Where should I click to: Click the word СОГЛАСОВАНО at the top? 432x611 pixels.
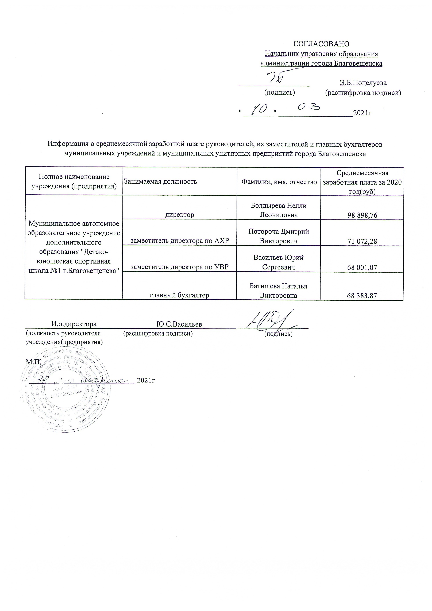click(321, 44)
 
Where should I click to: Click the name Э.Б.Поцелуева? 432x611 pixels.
click(363, 83)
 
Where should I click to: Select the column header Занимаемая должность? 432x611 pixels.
click(160, 181)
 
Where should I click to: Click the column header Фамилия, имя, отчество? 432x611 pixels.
click(279, 182)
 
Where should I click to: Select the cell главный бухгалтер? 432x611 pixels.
click(179, 295)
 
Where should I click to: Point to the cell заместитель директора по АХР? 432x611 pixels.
click(180, 241)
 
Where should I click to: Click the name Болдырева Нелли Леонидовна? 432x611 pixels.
click(279, 210)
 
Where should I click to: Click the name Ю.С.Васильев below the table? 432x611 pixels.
click(179, 324)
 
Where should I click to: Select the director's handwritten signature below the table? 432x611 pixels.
click(272, 321)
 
